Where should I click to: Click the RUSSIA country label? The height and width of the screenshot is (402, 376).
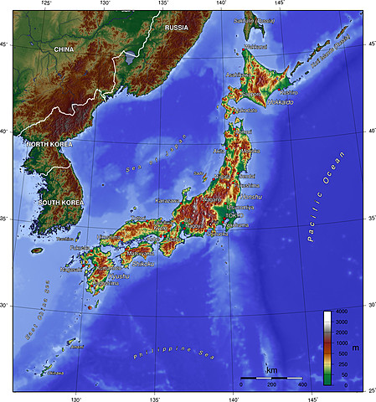coord(177,28)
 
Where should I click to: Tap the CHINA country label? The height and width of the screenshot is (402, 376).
coord(64,49)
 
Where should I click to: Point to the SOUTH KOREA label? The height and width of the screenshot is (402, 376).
coord(60,203)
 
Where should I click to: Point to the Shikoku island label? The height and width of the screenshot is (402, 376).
coord(143,264)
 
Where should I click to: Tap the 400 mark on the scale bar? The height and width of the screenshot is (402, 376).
coord(301,384)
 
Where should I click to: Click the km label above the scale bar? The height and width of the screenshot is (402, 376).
coord(272,369)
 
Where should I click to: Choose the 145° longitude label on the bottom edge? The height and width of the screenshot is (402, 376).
coord(312,397)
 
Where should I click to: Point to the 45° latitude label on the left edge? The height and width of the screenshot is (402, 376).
coord(6,44)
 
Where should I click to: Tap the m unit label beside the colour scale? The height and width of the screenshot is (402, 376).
coord(356,348)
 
